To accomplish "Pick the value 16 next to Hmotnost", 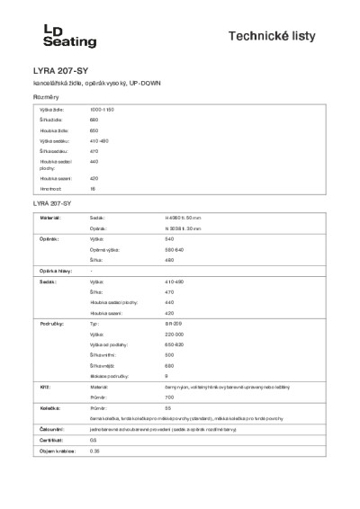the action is click(x=93, y=190).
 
